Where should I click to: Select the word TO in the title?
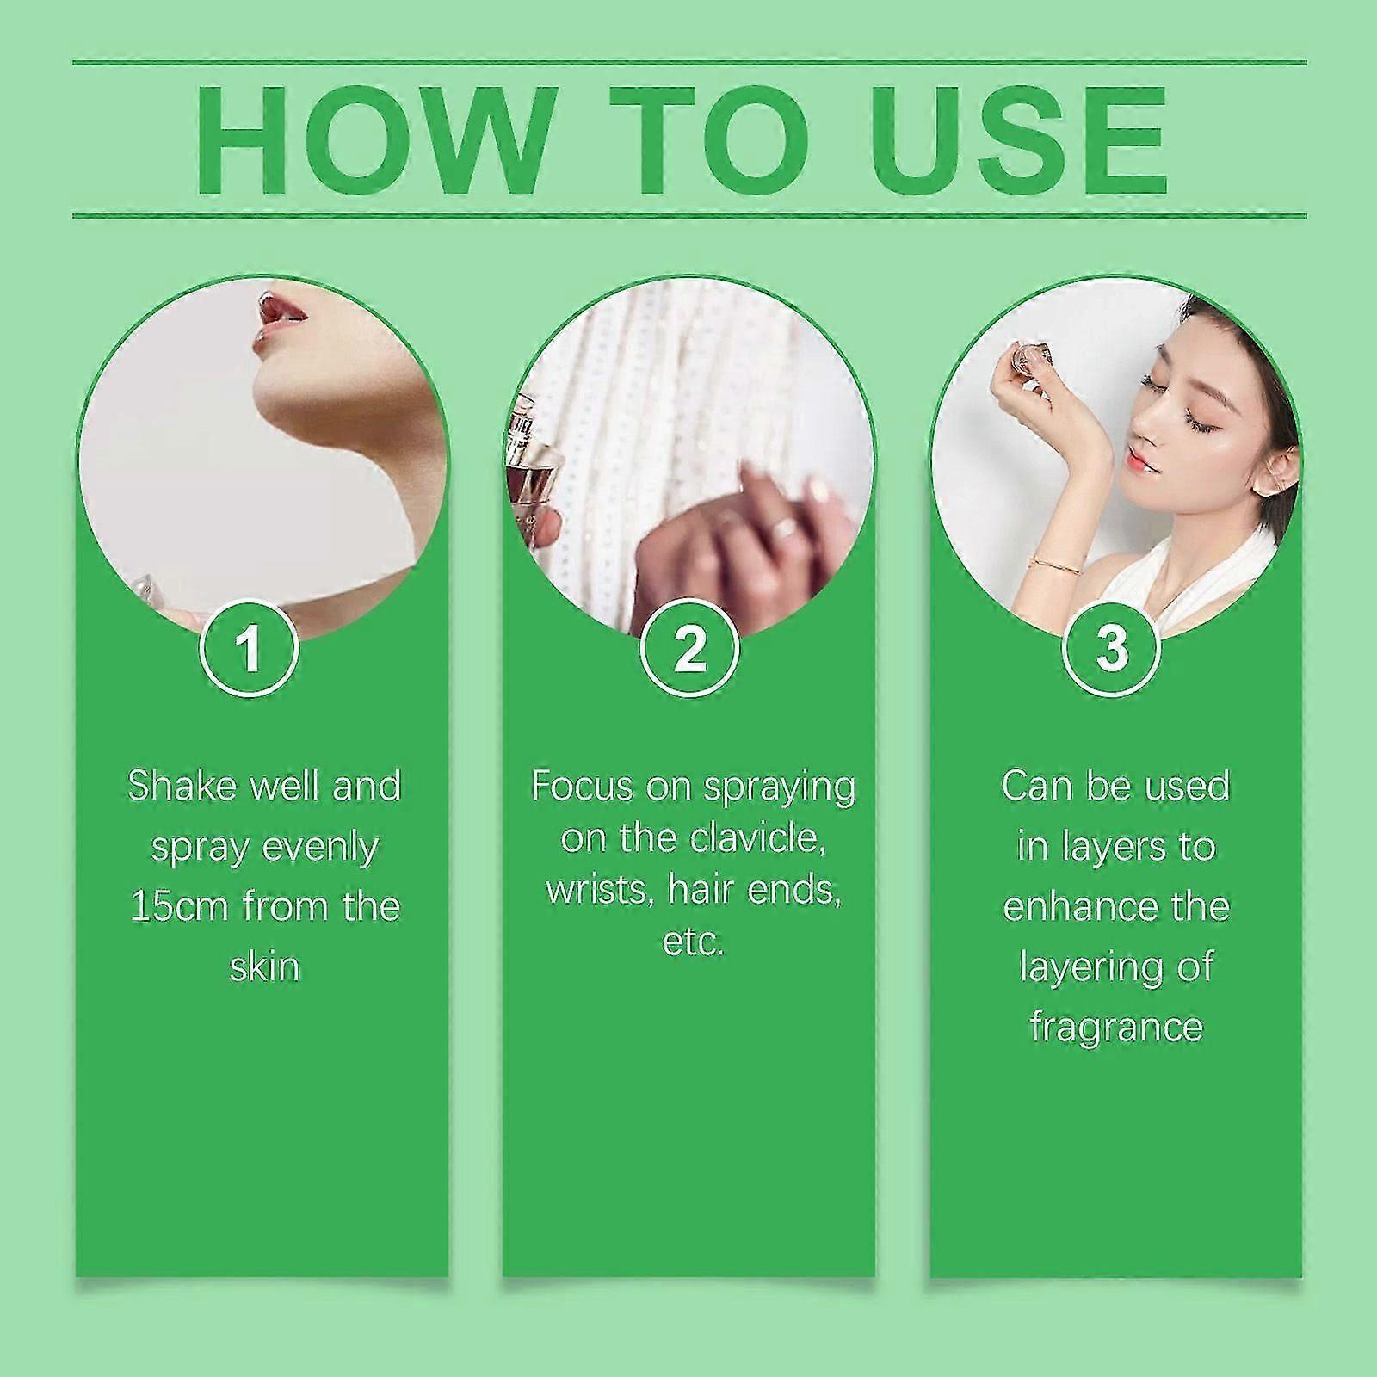coord(702,141)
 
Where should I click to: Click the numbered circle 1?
coord(250,648)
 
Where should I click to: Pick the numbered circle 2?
coord(689,648)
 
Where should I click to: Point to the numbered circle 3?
coord(1112,648)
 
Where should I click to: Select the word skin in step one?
coord(264,966)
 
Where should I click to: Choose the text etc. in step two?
coord(693,942)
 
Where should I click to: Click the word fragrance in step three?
coord(1116,1027)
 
